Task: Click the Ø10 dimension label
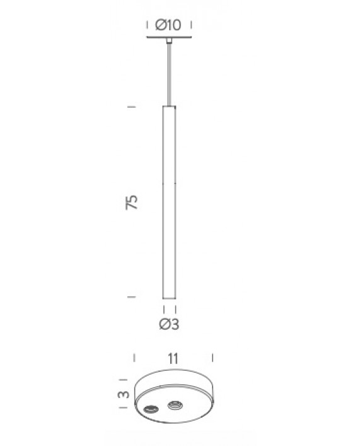click(168, 25)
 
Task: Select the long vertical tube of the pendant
click(169, 202)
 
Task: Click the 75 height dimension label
click(132, 202)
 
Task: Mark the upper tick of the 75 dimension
click(132, 107)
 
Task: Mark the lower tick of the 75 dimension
click(132, 296)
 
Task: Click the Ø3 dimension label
click(169, 325)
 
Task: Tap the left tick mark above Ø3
click(163, 310)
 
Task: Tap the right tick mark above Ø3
click(175, 310)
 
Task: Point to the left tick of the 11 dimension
click(134, 358)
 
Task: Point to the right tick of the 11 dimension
click(214, 358)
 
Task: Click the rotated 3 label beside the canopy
click(125, 395)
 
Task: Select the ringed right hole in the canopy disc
click(174, 404)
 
